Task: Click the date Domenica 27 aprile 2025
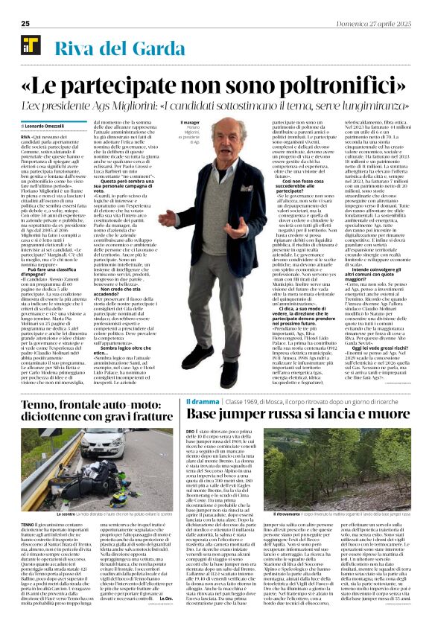click(377, 23)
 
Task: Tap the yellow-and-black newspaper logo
click(30, 46)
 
